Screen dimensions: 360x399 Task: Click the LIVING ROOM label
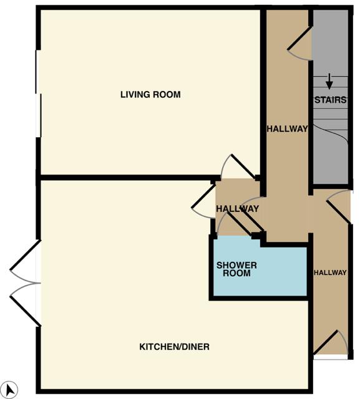click(150, 95)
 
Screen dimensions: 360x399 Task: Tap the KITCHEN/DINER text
click(175, 347)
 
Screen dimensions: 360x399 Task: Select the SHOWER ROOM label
click(236, 269)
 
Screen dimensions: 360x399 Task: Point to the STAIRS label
click(331, 100)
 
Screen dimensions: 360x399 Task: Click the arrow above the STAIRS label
click(329, 82)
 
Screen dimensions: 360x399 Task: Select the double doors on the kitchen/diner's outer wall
click(25, 283)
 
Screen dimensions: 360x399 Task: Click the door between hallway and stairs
click(299, 43)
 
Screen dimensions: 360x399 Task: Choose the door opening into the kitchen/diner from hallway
click(203, 201)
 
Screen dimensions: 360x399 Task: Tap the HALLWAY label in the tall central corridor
click(287, 129)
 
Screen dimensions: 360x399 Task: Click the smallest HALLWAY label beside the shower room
click(330, 272)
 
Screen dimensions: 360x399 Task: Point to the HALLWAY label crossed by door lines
click(238, 209)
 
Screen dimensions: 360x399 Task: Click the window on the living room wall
click(38, 94)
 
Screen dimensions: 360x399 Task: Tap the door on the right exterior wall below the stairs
click(339, 206)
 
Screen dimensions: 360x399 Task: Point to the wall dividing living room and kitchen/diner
click(129, 178)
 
